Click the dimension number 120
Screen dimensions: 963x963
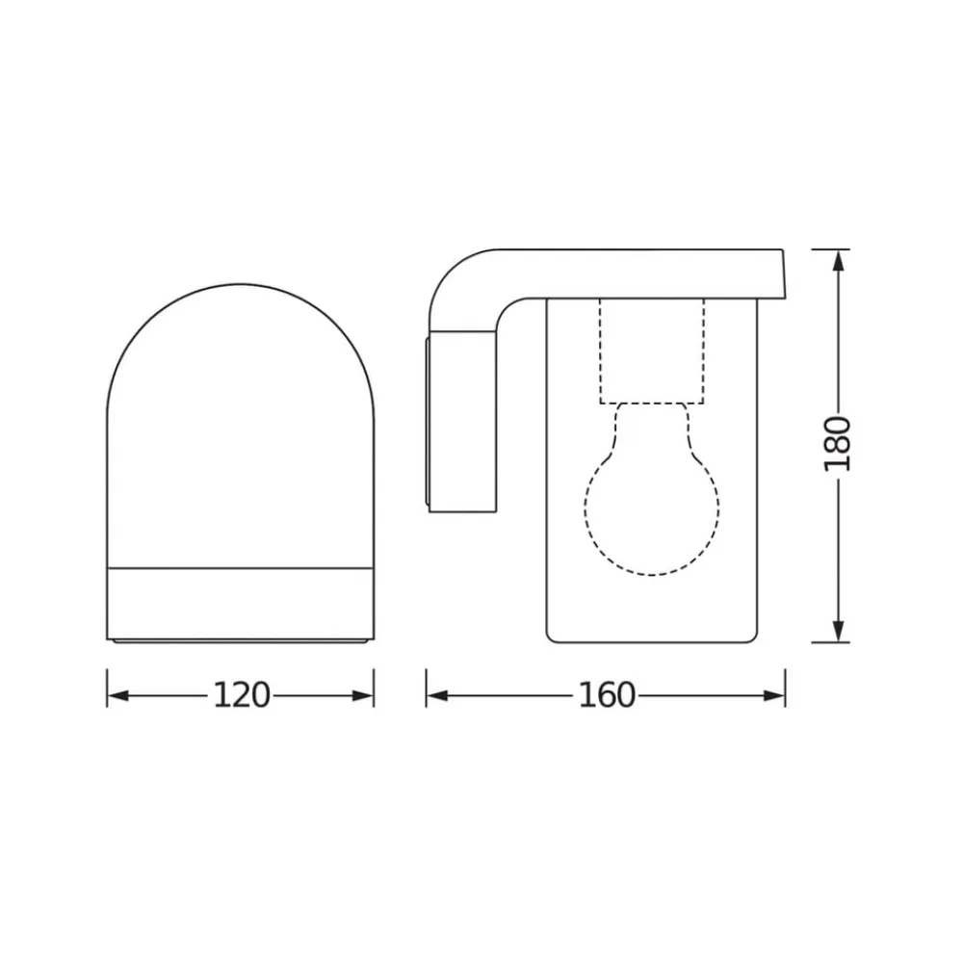point(241,695)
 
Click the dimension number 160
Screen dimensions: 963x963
point(607,695)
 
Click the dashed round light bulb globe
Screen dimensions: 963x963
point(652,510)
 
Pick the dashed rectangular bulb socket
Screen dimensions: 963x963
point(652,351)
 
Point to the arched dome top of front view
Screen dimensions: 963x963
point(240,289)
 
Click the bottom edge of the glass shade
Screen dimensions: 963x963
point(652,641)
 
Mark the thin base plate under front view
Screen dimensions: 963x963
point(240,640)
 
